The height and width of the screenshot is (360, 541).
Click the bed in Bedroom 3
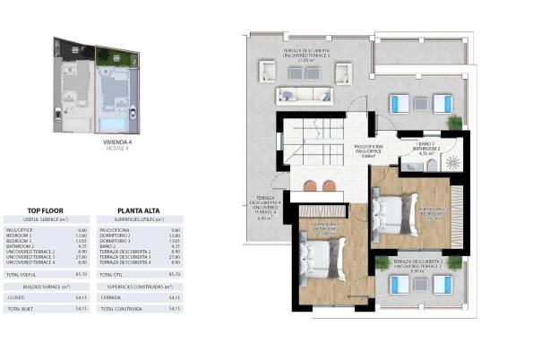click(395, 213)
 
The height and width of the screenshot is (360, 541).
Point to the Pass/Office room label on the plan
click(368, 150)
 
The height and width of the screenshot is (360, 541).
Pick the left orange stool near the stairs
click(310, 185)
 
